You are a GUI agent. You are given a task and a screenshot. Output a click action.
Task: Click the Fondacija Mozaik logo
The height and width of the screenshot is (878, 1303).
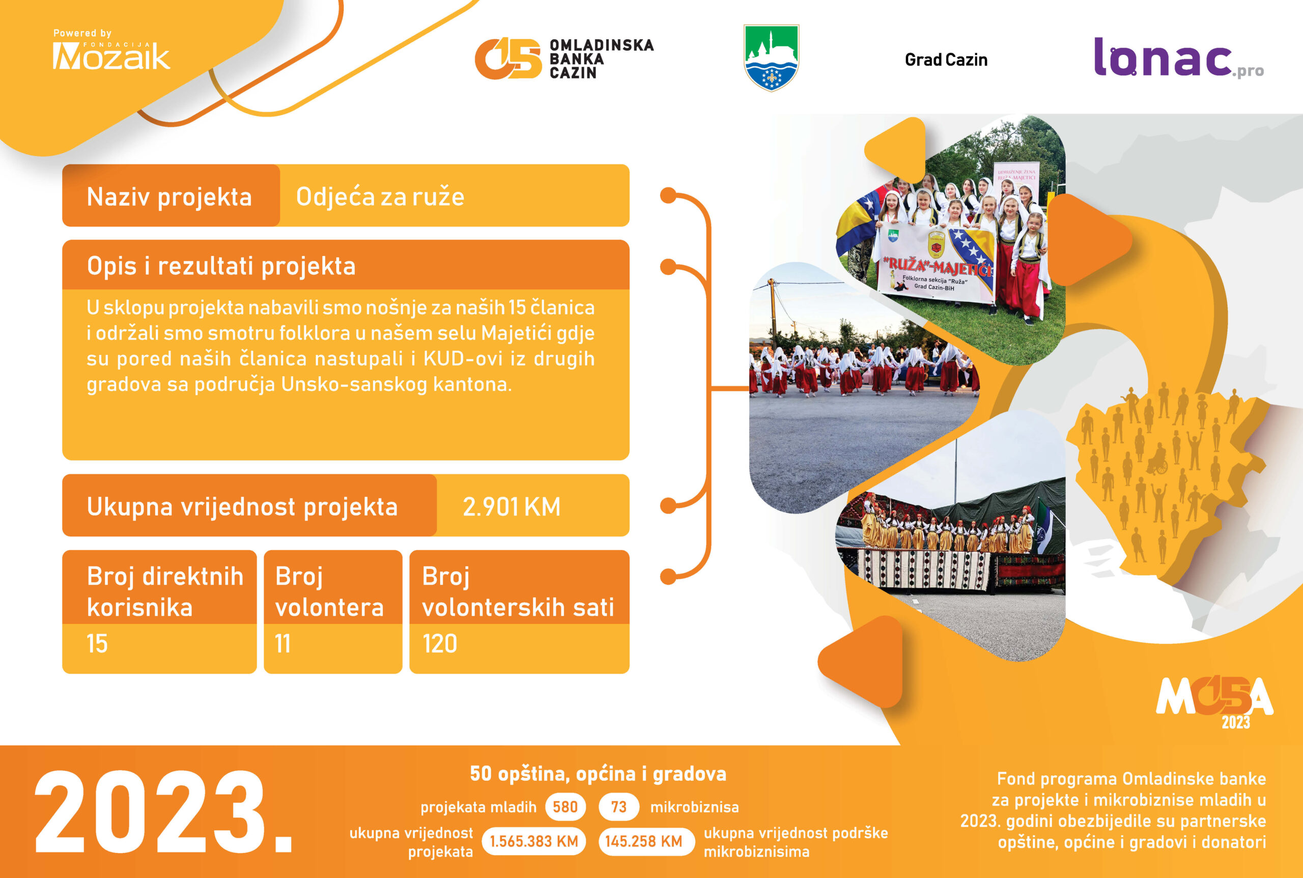click(x=111, y=50)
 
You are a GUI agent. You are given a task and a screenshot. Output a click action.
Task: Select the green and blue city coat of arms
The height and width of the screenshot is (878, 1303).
click(x=771, y=58)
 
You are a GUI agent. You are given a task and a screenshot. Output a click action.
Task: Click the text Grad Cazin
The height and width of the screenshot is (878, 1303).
click(x=946, y=60)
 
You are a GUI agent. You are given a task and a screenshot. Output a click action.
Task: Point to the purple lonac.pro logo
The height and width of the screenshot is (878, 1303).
click(x=1179, y=58)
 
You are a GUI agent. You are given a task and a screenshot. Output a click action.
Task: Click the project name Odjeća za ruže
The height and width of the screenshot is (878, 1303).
click(x=380, y=197)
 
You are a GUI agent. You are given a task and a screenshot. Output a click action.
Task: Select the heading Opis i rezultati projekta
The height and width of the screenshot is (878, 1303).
click(x=221, y=266)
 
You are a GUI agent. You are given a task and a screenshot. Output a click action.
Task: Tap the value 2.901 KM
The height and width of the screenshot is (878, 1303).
click(x=511, y=507)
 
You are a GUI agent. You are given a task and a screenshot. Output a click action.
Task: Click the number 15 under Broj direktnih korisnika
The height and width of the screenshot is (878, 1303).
click(x=97, y=644)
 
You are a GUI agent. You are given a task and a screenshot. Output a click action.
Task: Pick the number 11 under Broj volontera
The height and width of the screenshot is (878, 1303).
click(x=283, y=644)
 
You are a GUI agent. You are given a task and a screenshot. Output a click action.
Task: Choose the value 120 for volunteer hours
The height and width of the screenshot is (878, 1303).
click(x=440, y=644)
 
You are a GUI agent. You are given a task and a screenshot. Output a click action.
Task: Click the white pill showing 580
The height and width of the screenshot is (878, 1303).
click(x=565, y=807)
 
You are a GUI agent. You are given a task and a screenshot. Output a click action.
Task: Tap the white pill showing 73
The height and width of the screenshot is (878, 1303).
click(x=619, y=807)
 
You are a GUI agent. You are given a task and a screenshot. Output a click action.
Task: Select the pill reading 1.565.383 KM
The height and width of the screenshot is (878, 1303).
click(x=533, y=841)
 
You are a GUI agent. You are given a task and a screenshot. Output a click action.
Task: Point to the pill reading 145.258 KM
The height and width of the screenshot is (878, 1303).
click(x=644, y=841)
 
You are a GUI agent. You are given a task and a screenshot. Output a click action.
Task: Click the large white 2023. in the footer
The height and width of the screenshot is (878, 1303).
click(x=164, y=813)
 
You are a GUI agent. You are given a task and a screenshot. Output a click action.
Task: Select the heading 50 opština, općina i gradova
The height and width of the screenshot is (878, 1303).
click(x=598, y=774)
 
